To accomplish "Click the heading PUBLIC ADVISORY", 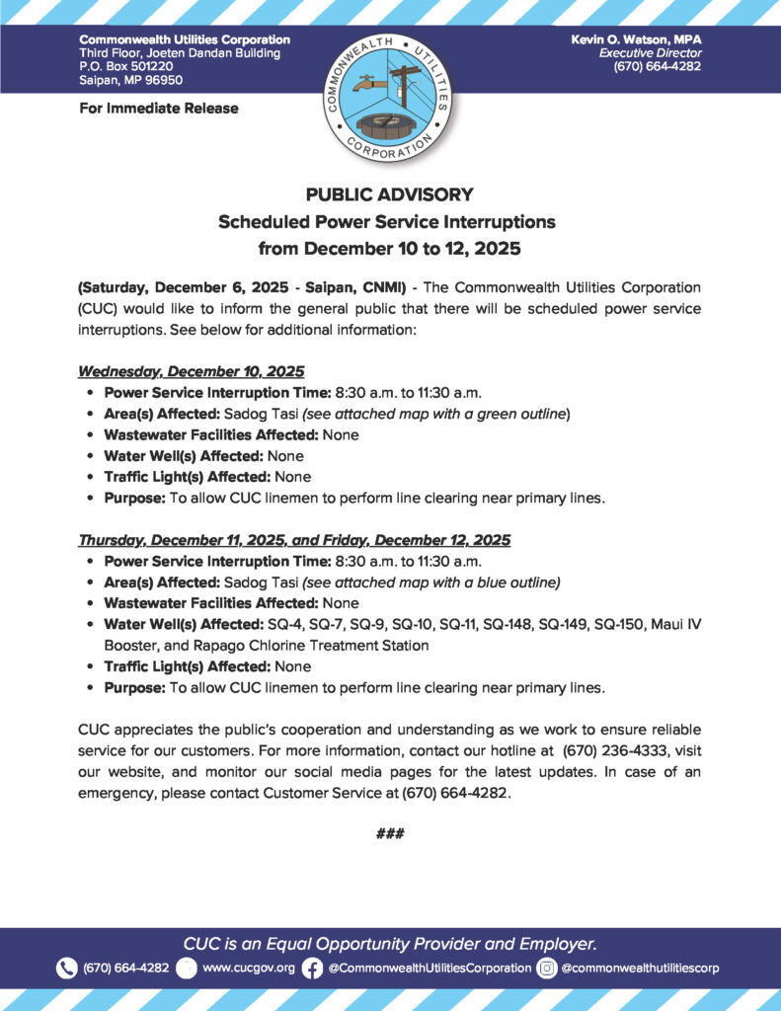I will [x=390, y=194].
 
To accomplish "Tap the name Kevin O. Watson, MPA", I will [x=637, y=39].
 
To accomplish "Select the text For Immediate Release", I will [x=159, y=108].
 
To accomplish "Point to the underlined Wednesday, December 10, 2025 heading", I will [x=192, y=371].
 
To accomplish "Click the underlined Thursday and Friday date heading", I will [x=294, y=540].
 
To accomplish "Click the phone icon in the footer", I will [x=67, y=968].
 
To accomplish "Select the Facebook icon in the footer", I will [x=312, y=968].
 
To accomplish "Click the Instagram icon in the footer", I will [x=547, y=968].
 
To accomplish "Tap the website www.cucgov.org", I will [x=249, y=968].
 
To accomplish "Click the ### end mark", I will [x=390, y=834].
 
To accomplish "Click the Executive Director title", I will [x=651, y=52].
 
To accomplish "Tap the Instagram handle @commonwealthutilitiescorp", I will [x=640, y=968].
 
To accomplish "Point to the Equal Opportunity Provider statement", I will [x=390, y=942].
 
